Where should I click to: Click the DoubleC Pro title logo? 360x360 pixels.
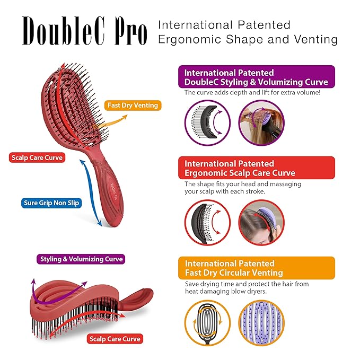84,32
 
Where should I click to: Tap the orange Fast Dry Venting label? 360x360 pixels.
133,105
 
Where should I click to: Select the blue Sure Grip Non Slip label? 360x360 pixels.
51,203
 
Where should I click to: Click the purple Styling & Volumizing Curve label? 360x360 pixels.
82,259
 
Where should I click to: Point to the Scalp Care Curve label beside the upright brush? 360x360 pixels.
37,157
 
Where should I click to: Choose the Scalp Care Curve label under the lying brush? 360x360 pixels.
115,339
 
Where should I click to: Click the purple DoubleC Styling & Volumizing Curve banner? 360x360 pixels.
257,77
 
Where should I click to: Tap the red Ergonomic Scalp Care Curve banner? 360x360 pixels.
257,168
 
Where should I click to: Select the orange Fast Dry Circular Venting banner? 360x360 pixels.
257,268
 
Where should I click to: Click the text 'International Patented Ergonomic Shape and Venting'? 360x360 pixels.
248,32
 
